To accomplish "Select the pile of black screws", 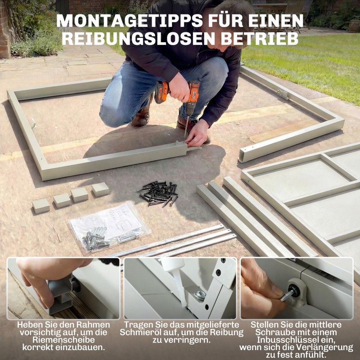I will [158, 193].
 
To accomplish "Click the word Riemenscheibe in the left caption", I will [63, 340].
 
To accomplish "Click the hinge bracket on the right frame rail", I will [283, 94].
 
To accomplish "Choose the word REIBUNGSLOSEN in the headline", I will [135, 38].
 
